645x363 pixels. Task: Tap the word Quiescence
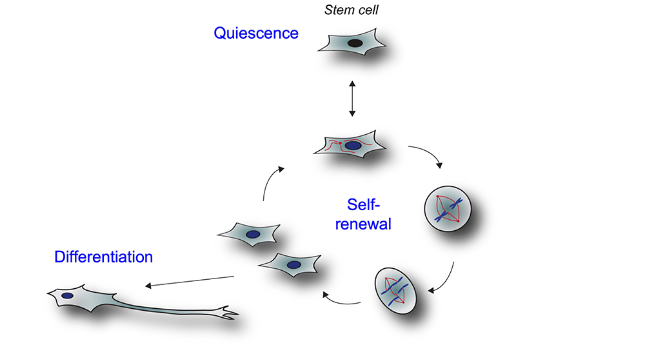256,33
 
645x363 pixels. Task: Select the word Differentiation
104,257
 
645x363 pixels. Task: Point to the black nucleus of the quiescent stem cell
355,43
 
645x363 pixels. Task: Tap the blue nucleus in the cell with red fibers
353,146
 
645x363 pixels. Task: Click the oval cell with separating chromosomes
396,290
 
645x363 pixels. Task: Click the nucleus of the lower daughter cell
293,264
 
